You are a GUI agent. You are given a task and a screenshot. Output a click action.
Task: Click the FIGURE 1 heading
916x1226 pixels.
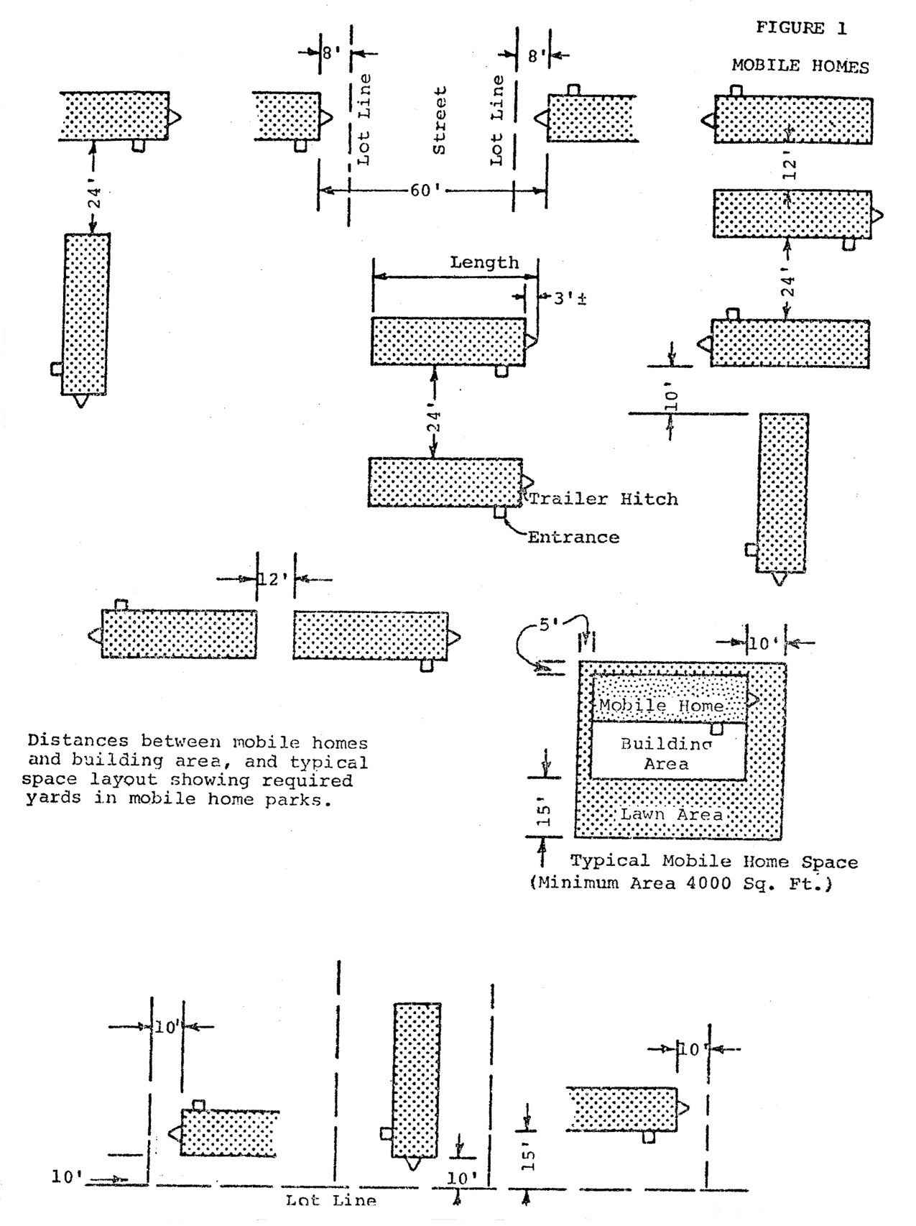click(801, 29)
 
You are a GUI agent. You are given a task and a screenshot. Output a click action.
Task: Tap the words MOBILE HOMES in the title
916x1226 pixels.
click(800, 66)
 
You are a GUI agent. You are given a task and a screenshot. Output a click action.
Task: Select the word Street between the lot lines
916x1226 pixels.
click(440, 121)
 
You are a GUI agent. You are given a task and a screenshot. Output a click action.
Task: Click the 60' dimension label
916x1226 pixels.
click(425, 190)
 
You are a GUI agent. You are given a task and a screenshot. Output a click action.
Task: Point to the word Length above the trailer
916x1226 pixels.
click(484, 262)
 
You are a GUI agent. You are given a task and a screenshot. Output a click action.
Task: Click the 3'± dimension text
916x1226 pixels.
click(570, 298)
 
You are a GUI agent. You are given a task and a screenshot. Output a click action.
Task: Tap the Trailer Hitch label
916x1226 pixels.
click(603, 499)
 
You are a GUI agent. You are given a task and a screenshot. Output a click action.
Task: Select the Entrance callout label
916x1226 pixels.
click(573, 537)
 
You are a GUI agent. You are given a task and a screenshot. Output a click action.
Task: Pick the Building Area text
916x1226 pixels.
click(666, 754)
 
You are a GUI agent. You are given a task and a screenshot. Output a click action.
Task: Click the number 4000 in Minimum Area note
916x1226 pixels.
click(711, 883)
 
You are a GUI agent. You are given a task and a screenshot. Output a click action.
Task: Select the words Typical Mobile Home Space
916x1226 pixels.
click(714, 861)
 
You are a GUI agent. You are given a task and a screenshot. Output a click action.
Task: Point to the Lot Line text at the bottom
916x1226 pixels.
click(330, 1200)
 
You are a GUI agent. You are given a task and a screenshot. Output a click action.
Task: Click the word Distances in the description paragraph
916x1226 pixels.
click(78, 741)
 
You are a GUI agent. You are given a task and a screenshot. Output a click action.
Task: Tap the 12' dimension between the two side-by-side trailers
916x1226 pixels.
click(273, 579)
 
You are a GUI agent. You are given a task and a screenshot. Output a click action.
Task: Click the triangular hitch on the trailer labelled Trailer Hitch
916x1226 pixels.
click(528, 481)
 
